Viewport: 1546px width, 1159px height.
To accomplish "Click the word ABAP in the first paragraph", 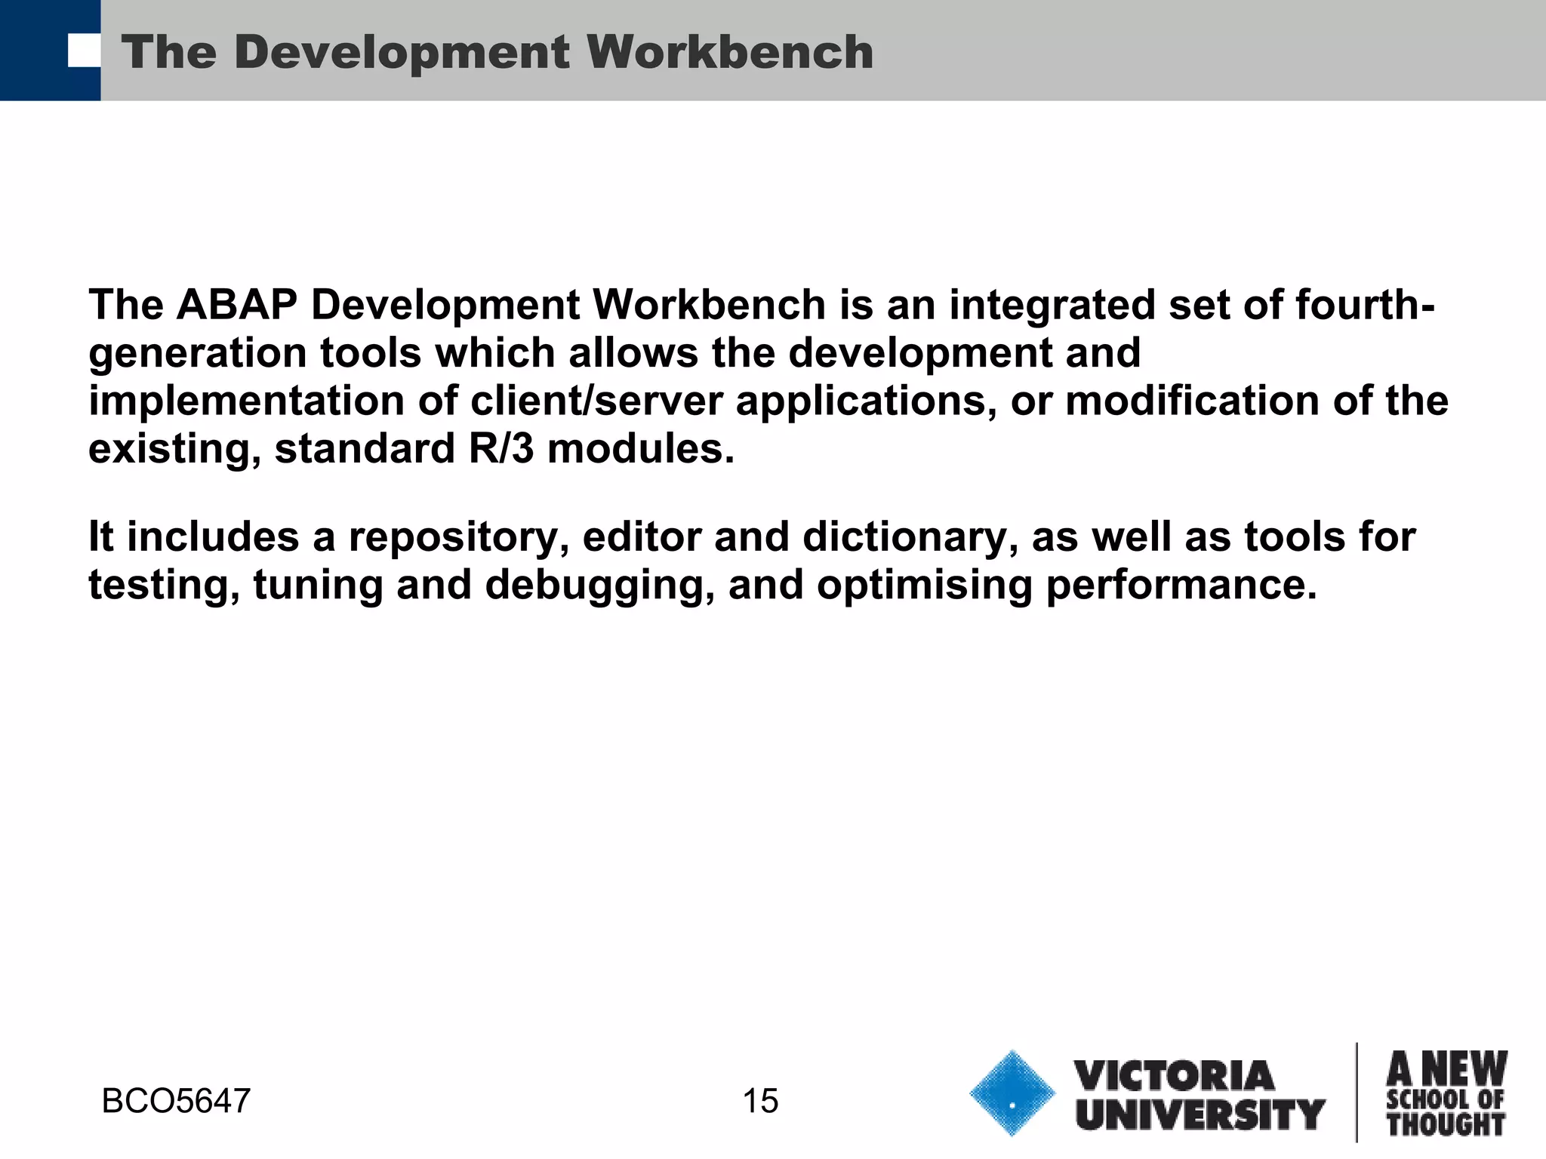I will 236,305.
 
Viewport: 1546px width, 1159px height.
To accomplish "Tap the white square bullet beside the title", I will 84,51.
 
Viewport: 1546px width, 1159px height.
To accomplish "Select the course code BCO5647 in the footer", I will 176,1101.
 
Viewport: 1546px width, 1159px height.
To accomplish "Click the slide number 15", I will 760,1101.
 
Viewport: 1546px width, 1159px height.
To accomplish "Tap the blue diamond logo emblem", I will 1012,1093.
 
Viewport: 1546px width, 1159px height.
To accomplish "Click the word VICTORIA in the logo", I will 1174,1076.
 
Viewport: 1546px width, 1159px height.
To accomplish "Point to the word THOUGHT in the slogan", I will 1446,1124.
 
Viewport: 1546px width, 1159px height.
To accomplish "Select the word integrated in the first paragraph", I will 1052,305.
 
